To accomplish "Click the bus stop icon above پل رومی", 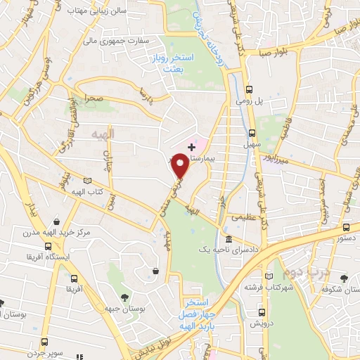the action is [250, 89].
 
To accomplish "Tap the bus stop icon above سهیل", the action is [252, 132].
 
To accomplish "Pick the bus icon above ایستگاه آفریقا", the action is [47, 246].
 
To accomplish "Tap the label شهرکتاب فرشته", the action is [262, 288].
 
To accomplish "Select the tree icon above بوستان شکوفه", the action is [343, 278].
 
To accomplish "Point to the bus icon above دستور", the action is [346, 227].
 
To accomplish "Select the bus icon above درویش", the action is [262, 312].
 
